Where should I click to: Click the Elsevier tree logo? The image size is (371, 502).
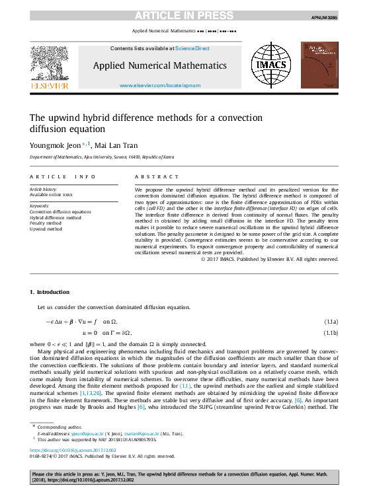[50, 63]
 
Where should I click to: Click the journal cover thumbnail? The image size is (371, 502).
[319, 65]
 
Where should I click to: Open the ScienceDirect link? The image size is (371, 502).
[192, 48]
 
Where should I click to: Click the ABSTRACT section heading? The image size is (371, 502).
[157, 177]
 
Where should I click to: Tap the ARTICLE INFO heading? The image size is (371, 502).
[63, 177]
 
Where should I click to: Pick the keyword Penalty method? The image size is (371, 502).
[46, 223]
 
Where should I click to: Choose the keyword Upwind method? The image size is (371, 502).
[46, 229]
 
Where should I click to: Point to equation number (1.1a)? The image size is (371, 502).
[331, 321]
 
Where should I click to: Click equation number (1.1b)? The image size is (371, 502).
[331, 333]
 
